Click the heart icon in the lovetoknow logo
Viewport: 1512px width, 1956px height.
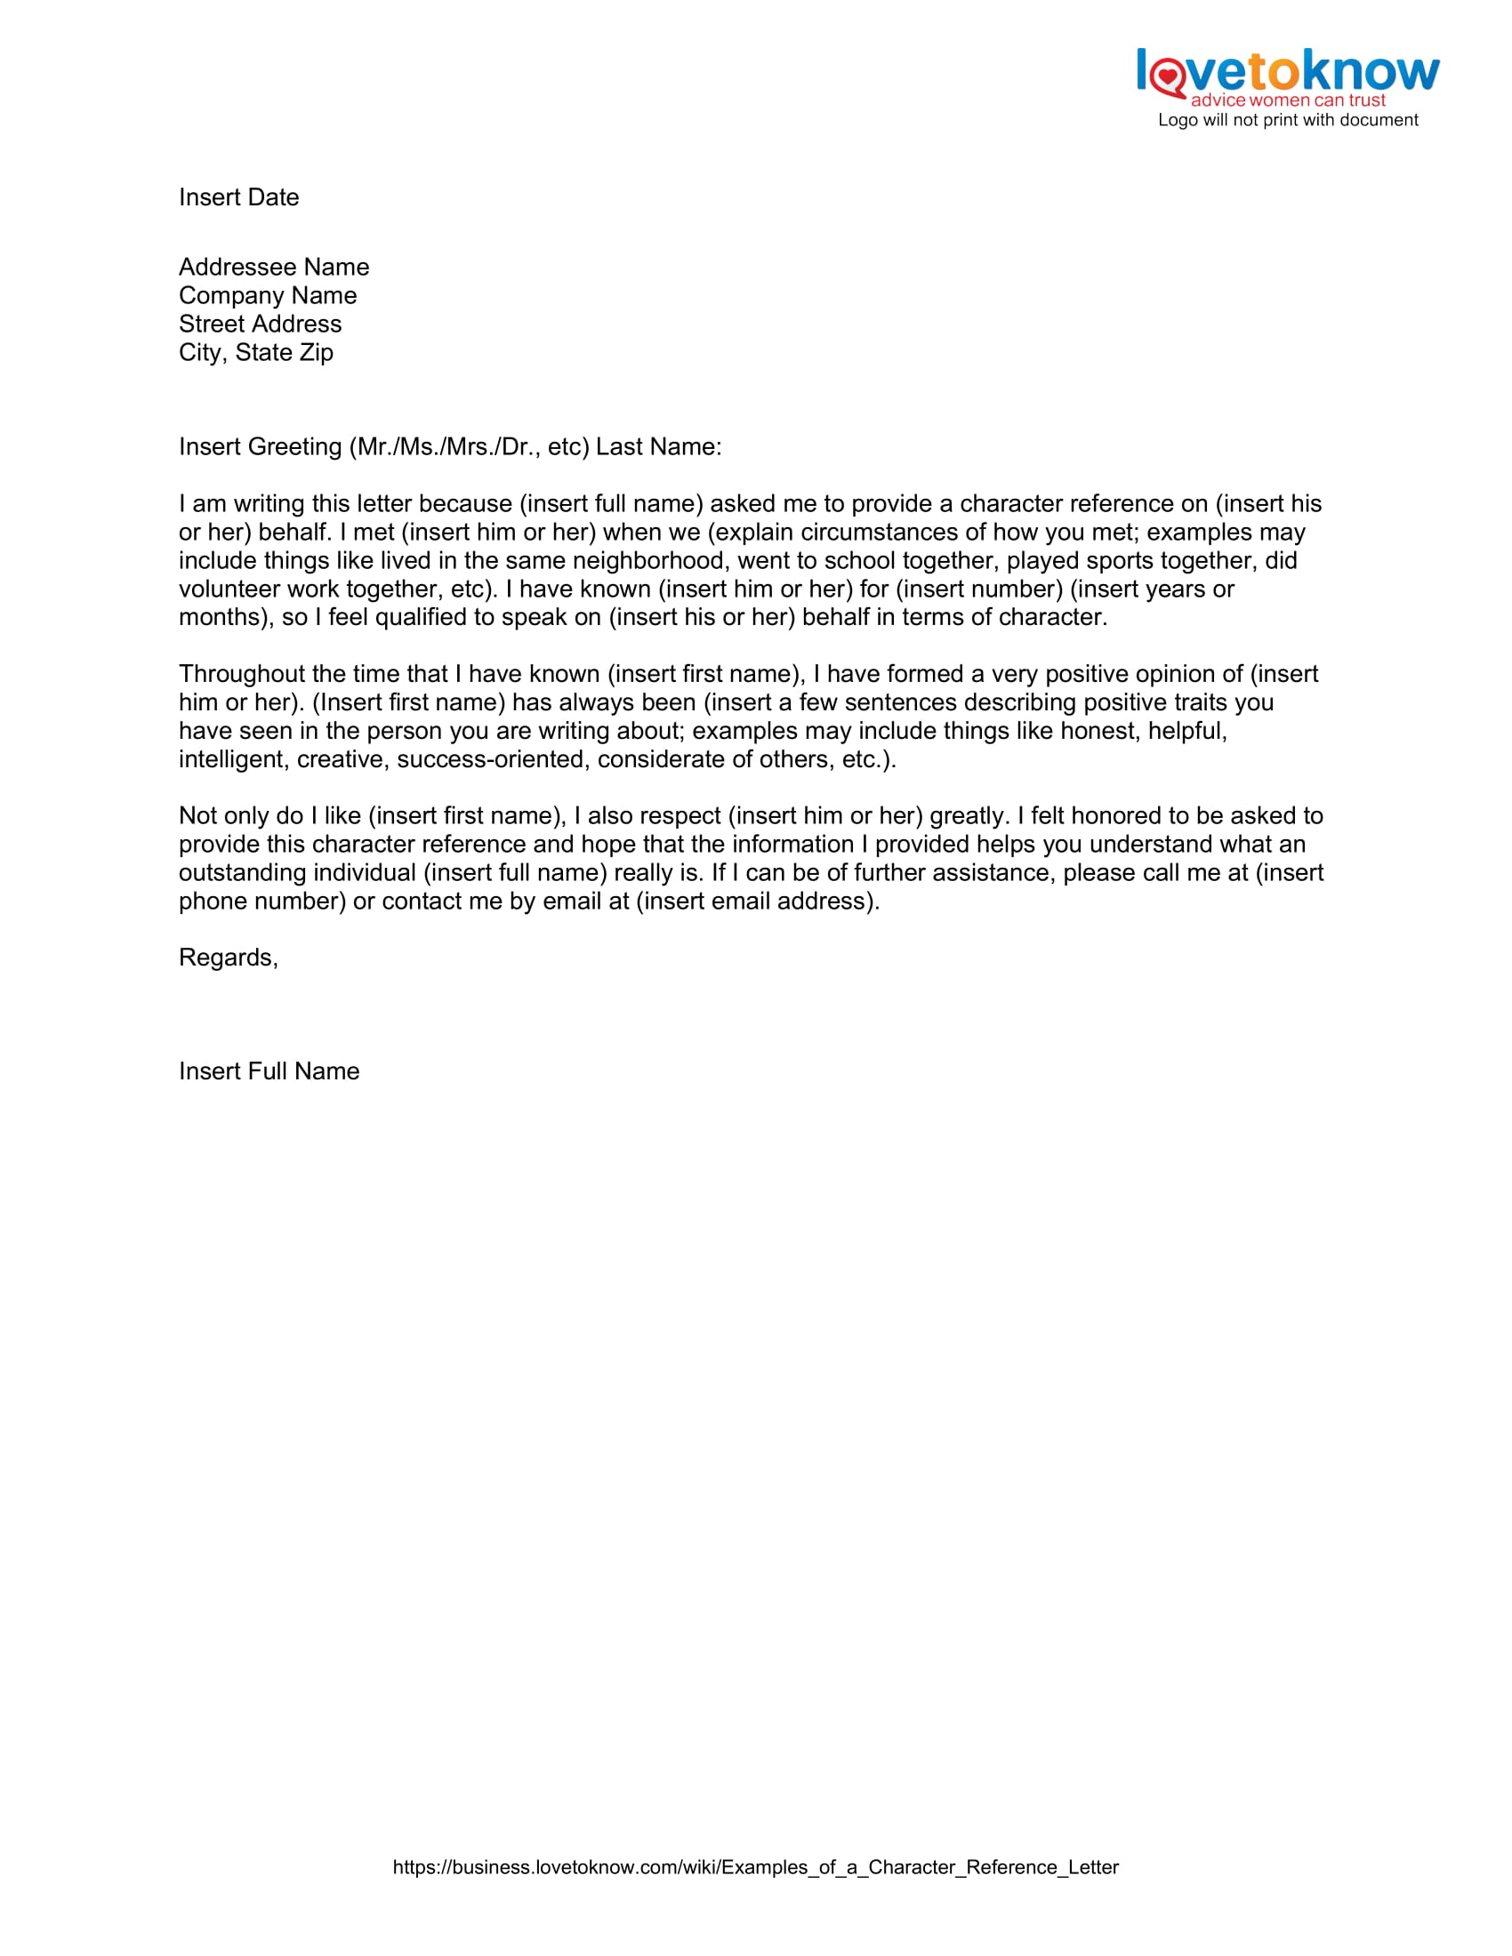point(1167,76)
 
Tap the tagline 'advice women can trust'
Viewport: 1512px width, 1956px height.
point(1287,100)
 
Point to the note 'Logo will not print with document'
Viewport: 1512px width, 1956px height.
point(1287,120)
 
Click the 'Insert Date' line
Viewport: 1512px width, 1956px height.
point(238,197)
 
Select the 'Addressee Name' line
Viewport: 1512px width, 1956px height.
point(273,267)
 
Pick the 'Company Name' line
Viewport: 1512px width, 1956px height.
point(267,295)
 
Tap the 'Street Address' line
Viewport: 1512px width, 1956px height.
point(260,325)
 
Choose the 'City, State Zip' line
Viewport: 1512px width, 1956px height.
point(255,353)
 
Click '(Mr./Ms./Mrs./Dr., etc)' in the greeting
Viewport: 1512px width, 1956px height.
point(469,447)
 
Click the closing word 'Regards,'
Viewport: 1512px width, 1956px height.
point(229,958)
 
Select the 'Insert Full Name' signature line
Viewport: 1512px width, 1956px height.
point(269,1071)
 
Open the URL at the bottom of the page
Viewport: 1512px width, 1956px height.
point(755,1867)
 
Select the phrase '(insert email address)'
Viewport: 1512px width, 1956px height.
point(757,901)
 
